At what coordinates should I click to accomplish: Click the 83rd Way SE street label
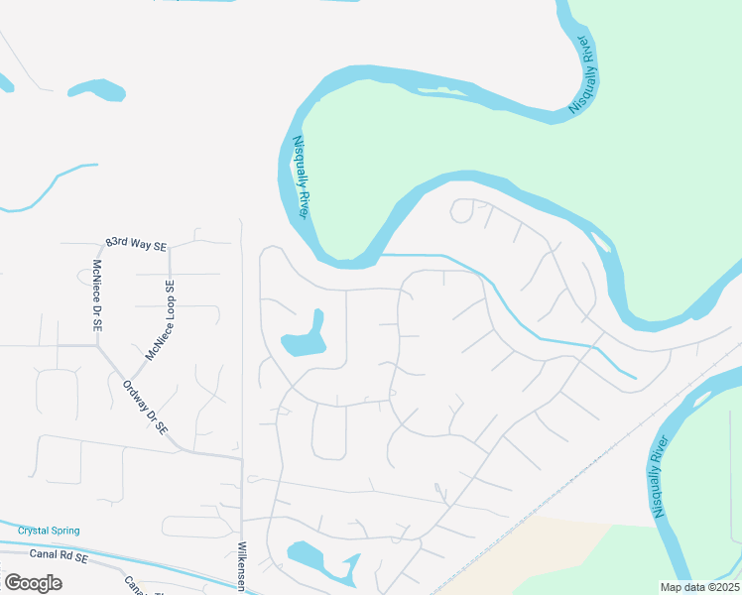(x=136, y=245)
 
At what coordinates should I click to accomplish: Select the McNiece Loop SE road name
(x=160, y=322)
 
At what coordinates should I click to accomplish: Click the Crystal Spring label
(x=48, y=531)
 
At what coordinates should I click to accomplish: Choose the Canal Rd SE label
(x=60, y=558)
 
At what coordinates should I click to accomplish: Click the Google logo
(x=34, y=583)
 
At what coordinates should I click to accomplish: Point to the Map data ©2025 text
(x=699, y=587)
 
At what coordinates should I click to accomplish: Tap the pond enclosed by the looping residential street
(x=306, y=337)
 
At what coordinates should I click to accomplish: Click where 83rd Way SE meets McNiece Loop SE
(x=170, y=248)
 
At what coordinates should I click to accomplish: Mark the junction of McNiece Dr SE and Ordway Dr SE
(x=97, y=346)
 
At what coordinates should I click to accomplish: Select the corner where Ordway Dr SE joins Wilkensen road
(x=241, y=458)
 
